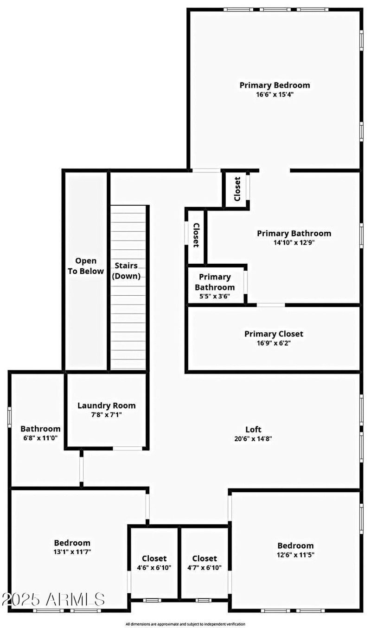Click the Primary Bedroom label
click(275, 85)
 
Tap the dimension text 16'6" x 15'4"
click(275, 94)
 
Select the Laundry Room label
click(106, 406)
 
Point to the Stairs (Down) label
click(126, 271)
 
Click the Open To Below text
click(86, 266)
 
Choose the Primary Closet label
click(274, 334)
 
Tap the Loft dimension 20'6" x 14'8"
click(253, 438)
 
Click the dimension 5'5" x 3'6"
click(215, 296)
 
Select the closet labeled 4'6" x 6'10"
click(154, 563)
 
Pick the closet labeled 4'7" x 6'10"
click(205, 563)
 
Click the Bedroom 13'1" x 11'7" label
click(72, 547)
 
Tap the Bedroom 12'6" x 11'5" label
click(295, 550)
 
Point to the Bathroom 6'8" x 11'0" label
click(40, 433)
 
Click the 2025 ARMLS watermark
click(53, 599)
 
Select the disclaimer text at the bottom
click(185, 624)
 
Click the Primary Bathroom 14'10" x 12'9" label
click(294, 237)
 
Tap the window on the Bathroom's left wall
click(9, 417)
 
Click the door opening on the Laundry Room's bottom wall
click(128, 448)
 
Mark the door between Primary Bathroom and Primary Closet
click(271, 305)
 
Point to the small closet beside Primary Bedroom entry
click(237, 189)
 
